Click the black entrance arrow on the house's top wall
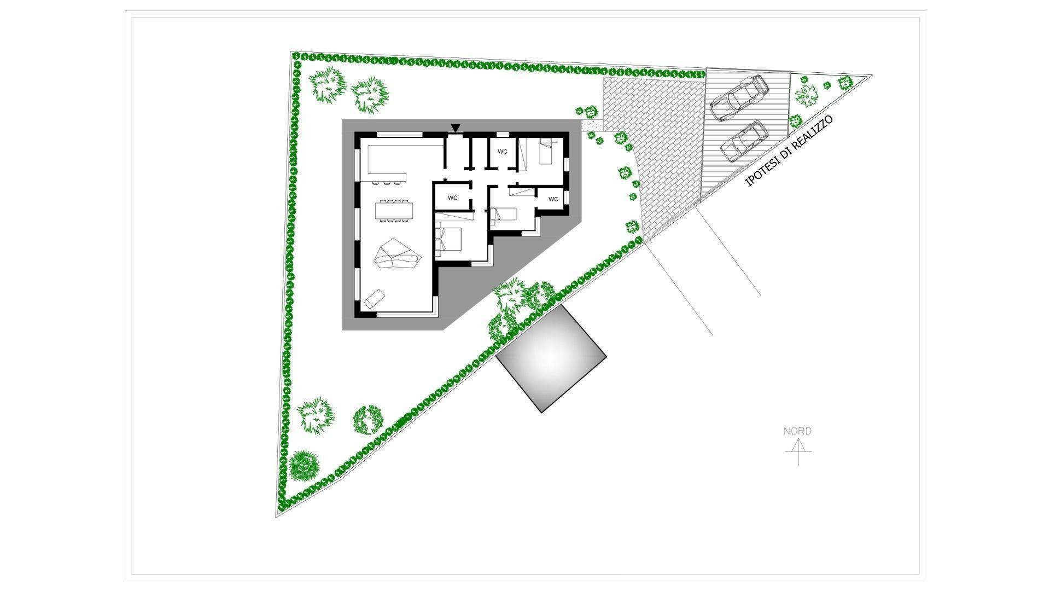456,128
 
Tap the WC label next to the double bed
453,198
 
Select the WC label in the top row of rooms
502,151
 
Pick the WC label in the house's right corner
553,199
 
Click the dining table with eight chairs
394,211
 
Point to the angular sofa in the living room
396,254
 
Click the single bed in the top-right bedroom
547,150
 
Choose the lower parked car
744,140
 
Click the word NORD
797,431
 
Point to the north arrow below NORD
798,451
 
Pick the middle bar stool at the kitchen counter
386,183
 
